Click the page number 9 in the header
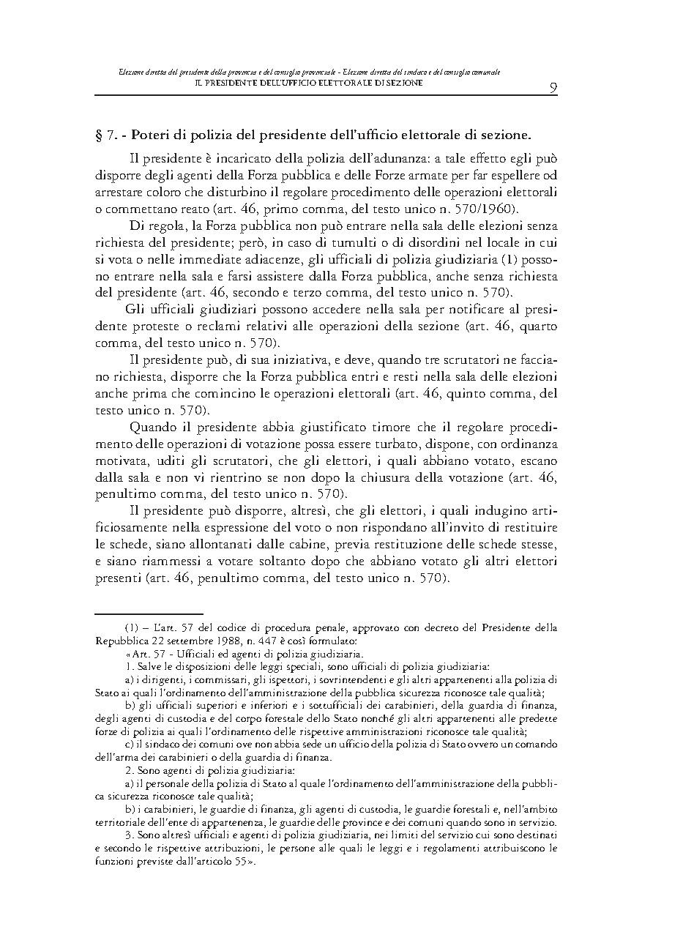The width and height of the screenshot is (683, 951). click(x=553, y=88)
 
